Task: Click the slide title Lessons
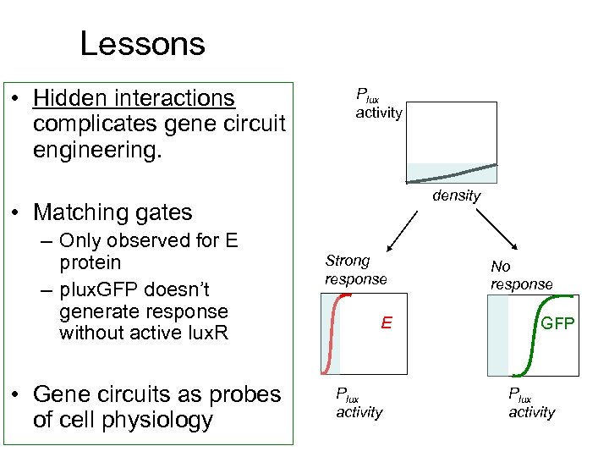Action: [142, 44]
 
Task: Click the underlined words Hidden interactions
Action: [134, 98]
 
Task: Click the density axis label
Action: [456, 195]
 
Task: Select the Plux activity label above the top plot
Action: [378, 105]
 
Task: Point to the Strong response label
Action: [355, 270]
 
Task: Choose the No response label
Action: [521, 275]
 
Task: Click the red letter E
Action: [386, 322]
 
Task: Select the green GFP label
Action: [557, 322]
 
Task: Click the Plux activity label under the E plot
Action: [359, 403]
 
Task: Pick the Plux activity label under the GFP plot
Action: [531, 403]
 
